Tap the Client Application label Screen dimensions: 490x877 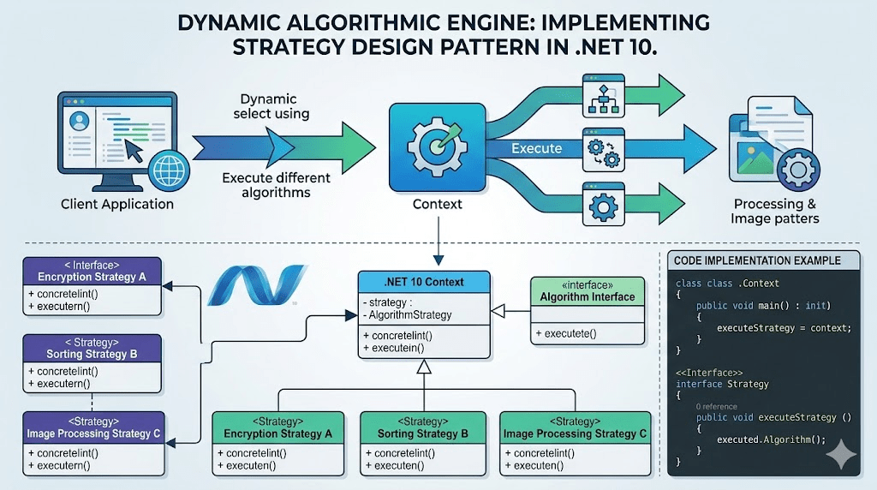coord(116,204)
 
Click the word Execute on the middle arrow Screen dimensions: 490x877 coord(536,148)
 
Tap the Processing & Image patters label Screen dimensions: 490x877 coord(774,212)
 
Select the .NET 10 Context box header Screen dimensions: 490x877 coord(424,282)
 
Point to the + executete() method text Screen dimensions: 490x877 coord(566,333)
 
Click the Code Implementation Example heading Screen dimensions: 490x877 coord(757,260)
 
